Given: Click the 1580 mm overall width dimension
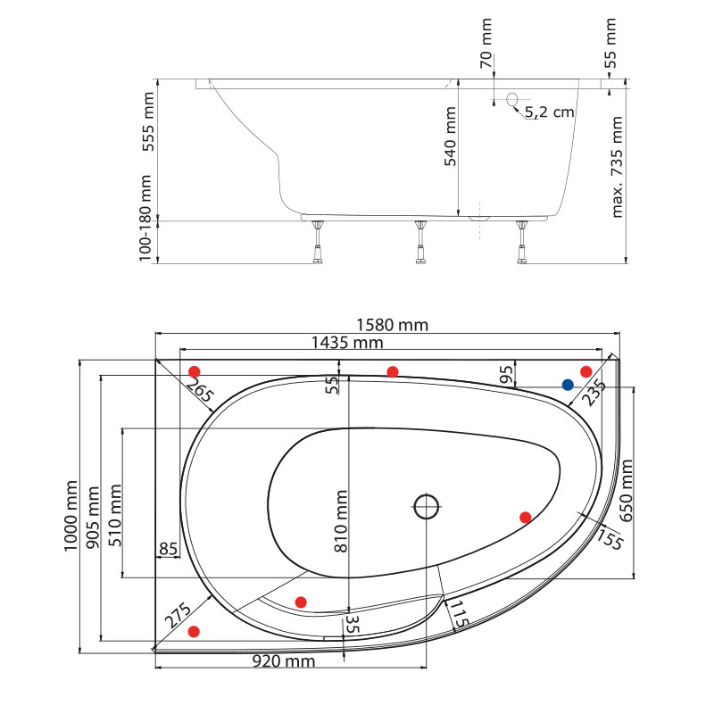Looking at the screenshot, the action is [392, 325].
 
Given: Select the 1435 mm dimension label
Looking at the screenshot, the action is [347, 343].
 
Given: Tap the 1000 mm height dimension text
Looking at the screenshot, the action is [71, 516].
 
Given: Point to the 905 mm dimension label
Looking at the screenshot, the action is [93, 518].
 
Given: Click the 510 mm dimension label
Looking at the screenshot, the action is [115, 515].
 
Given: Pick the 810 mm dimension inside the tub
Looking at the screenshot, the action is [341, 521].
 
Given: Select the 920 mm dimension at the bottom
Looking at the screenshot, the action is [284, 661].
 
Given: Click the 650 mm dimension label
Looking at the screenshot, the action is [627, 490].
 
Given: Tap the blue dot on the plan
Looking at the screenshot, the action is [568, 385].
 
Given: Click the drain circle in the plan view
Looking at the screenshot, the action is [427, 506].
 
